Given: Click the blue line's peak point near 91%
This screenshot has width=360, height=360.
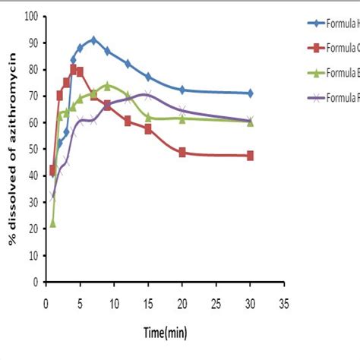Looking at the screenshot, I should tap(93, 39).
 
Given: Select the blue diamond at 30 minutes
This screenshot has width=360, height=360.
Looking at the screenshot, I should tap(250, 93).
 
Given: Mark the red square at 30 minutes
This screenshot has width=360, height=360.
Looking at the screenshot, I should tap(250, 156).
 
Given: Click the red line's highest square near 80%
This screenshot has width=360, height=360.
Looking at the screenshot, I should tap(74, 68).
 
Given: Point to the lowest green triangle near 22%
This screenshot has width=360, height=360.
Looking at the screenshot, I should tap(52, 223).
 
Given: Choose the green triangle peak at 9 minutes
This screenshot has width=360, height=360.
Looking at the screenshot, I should tap(107, 85).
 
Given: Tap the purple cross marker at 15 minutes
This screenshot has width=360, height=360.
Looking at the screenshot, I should tap(148, 95).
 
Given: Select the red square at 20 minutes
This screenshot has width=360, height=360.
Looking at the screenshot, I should tap(182, 153).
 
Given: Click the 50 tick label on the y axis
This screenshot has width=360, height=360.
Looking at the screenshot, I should tap(33, 149).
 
